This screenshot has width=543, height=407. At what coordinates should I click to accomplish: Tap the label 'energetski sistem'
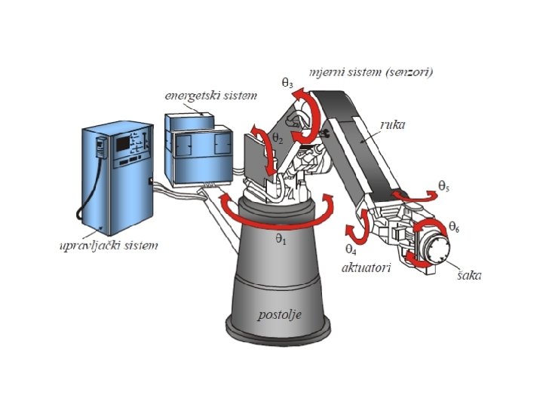click(x=210, y=96)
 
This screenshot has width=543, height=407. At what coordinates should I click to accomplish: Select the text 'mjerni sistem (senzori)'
click(x=370, y=72)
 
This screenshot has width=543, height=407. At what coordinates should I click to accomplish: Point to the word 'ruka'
click(x=392, y=125)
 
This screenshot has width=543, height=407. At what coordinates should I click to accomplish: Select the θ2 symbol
click(x=278, y=138)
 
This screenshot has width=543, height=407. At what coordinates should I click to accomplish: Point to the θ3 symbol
click(x=287, y=83)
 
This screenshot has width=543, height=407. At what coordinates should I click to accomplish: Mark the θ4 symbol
click(x=351, y=249)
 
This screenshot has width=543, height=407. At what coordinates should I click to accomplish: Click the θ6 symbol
click(x=454, y=225)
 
